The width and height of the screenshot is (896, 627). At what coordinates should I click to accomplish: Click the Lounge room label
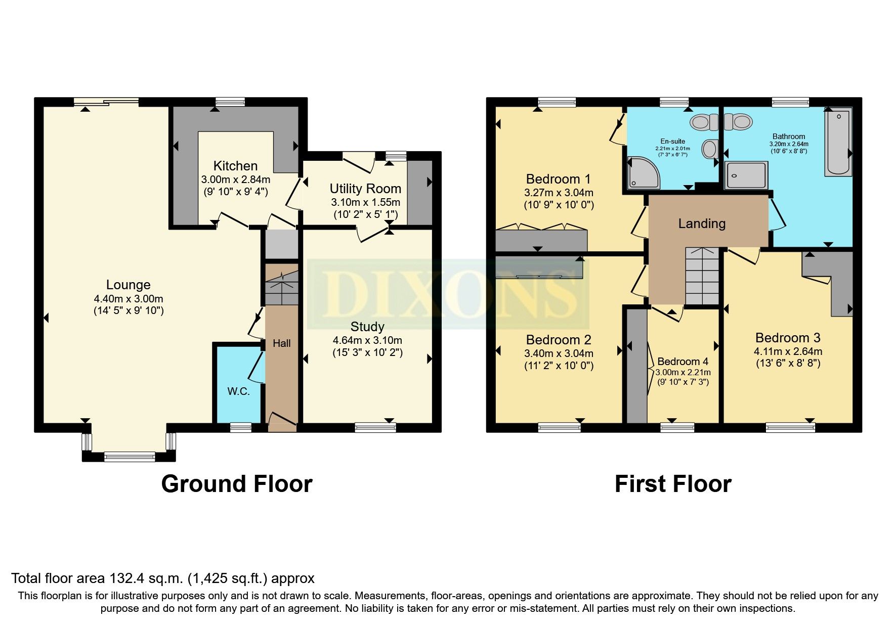[x=128, y=285]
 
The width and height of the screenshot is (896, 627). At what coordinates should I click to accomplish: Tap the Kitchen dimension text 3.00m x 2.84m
[x=235, y=180]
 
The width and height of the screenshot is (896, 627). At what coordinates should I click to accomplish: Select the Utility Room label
[x=365, y=189]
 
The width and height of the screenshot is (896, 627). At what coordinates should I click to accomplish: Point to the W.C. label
[x=238, y=391]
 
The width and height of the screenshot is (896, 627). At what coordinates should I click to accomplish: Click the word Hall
[x=282, y=343]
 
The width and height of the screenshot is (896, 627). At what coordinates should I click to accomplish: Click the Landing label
[x=702, y=223]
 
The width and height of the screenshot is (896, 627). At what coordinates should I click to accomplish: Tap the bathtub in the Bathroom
[x=838, y=143]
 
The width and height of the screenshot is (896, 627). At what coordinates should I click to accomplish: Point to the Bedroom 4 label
[x=682, y=362]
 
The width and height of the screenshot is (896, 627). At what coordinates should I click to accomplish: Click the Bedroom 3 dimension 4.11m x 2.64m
[x=788, y=351]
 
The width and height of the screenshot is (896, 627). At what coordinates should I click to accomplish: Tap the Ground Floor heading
[x=236, y=484]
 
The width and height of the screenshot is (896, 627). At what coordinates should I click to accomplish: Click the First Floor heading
[x=672, y=484]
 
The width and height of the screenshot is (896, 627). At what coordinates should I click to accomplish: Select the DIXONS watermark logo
[x=448, y=294]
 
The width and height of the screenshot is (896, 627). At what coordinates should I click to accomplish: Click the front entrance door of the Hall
[x=282, y=421]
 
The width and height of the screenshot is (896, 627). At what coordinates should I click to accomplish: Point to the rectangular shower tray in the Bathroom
[x=746, y=175]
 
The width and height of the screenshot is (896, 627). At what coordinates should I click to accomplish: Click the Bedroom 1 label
[x=558, y=179]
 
